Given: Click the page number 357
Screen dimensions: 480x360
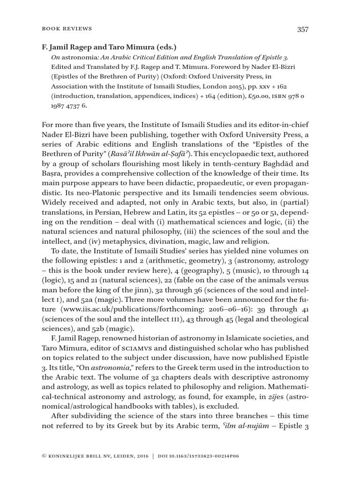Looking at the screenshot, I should pyautogui.click(x=303, y=29).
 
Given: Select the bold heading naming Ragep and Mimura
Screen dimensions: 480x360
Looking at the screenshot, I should pyautogui.click(x=107, y=46).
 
